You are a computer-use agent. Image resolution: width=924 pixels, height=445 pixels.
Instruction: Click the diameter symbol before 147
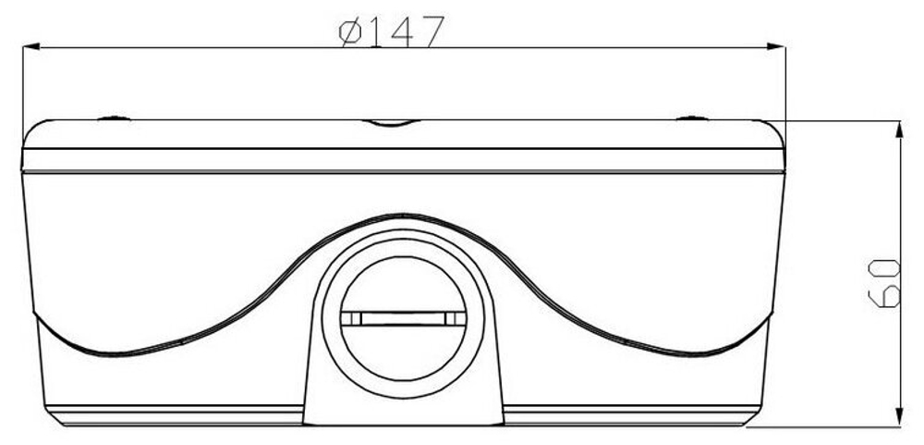coord(351,31)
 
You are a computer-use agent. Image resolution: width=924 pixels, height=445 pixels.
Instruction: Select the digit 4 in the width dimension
coord(401,31)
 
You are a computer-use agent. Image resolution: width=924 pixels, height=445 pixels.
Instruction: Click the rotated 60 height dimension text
coord(884,283)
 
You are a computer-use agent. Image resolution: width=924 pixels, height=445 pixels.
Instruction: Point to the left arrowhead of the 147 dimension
coord(31,46)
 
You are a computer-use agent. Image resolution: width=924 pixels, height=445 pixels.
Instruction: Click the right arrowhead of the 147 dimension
coord(776,46)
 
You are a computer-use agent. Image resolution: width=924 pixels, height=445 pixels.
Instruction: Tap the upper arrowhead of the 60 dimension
coord(899,130)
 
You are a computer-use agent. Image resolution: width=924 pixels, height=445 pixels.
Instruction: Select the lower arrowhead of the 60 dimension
coord(899,416)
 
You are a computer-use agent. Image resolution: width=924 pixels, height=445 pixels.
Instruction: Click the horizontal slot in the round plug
coord(404,318)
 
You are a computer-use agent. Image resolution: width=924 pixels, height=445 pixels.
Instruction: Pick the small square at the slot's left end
coord(351,318)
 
